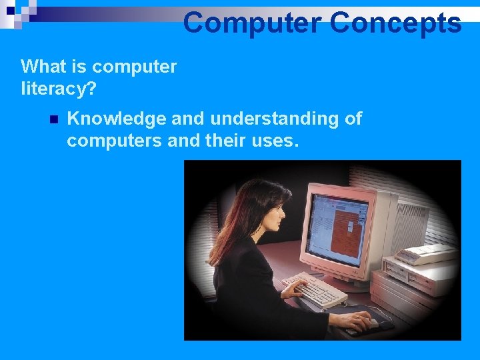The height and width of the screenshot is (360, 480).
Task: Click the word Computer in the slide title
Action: [x=252, y=23]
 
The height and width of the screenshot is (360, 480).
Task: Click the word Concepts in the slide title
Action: [x=395, y=23]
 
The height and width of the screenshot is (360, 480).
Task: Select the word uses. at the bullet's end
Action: [x=275, y=141]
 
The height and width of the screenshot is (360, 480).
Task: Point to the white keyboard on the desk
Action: [x=314, y=288]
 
